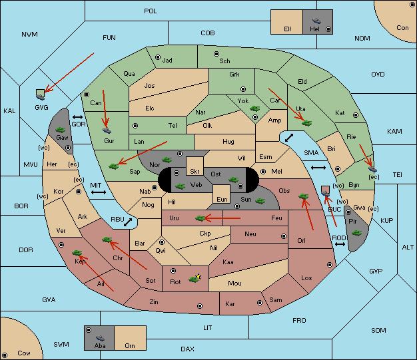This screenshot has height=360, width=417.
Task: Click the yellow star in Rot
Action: tap(198, 277)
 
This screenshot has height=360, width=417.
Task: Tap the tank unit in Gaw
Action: tap(61, 130)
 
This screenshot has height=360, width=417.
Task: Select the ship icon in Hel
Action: tap(316, 21)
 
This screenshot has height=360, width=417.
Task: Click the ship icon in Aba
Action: tap(100, 338)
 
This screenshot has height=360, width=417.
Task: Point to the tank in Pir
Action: tap(356, 233)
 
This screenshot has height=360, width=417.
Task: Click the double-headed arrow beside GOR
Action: tap(78, 117)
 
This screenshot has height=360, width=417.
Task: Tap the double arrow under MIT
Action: tap(99, 192)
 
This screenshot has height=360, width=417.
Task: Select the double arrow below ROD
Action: tap(340, 244)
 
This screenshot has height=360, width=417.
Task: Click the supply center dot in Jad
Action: tap(158, 57)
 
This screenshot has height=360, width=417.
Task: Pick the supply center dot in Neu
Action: tap(284, 236)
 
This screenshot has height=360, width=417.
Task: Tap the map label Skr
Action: tap(195, 172)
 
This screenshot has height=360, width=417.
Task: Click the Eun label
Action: tap(222, 200)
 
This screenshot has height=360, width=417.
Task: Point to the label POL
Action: tap(151, 11)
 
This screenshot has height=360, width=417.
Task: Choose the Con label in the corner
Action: tap(402, 28)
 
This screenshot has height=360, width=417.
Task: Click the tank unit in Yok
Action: tap(254, 108)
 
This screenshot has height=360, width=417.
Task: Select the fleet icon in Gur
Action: tap(107, 130)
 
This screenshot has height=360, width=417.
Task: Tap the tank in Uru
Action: tap(201, 218)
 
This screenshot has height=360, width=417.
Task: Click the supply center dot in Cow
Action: tap(5, 355)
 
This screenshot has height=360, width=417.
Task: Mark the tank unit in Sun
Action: tap(260, 201)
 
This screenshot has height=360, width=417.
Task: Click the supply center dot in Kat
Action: tap(356, 115)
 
